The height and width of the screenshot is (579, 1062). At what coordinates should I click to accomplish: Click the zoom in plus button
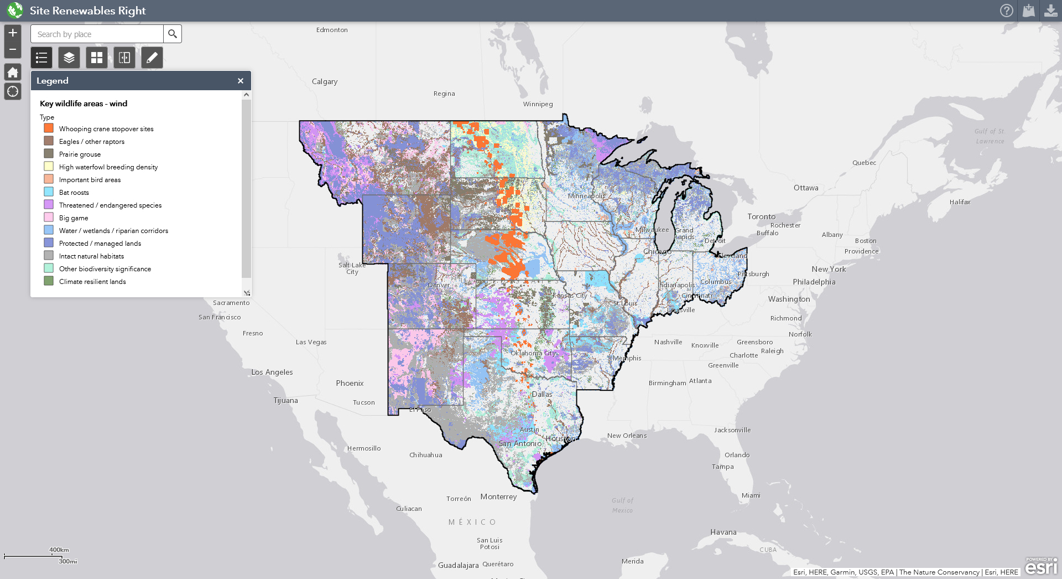tap(13, 33)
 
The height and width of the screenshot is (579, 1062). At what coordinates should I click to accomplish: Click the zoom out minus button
tap(13, 49)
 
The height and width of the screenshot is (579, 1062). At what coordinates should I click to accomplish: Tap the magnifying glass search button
tap(173, 34)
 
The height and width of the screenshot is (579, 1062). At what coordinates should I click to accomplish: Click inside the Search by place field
tap(97, 34)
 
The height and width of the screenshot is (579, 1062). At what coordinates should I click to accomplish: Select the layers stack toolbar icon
tap(69, 58)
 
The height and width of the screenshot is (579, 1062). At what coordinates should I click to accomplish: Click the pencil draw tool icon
tap(152, 58)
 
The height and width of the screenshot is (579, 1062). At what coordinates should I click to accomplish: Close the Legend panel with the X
tap(241, 81)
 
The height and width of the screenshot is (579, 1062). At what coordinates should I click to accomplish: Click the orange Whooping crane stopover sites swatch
tap(49, 128)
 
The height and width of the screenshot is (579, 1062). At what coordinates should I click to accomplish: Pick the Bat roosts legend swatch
tap(49, 192)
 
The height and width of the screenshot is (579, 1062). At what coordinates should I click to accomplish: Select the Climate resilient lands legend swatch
tap(49, 281)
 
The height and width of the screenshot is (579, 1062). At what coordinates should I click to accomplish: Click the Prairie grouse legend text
tap(80, 154)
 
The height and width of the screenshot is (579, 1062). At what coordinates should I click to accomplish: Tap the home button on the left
tap(13, 72)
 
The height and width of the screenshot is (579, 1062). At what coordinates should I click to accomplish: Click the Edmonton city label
tap(332, 30)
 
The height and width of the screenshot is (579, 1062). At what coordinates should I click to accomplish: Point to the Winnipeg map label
tap(538, 104)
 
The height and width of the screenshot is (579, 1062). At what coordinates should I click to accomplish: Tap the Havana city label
tap(723, 532)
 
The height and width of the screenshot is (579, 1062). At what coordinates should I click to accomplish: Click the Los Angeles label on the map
tap(272, 372)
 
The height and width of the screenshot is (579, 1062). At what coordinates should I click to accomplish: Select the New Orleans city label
tap(627, 436)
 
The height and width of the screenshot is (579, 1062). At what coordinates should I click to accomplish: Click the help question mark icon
tap(1007, 11)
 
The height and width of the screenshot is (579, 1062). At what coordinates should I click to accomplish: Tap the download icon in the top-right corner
tap(1050, 11)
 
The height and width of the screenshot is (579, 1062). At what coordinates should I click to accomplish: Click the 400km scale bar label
tap(59, 550)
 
